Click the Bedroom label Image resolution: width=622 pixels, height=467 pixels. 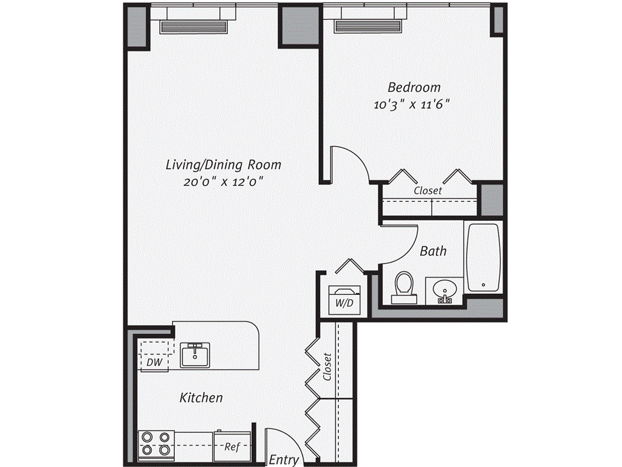pyautogui.click(x=414, y=88)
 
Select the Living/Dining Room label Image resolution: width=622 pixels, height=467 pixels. pyautogui.click(x=224, y=165)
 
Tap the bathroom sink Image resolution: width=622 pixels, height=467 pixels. pyautogui.click(x=445, y=291)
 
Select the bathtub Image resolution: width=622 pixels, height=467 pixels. pyautogui.click(x=484, y=257)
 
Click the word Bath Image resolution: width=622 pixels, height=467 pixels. pyautogui.click(x=433, y=251)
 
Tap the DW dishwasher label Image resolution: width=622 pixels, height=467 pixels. pyautogui.click(x=154, y=363)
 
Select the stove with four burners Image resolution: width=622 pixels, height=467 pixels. pyautogui.click(x=156, y=444)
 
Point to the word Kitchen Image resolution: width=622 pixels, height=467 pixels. pyautogui.click(x=201, y=398)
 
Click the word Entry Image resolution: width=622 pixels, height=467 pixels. pyautogui.click(x=284, y=460)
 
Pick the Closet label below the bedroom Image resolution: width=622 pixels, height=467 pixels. pyautogui.click(x=428, y=190)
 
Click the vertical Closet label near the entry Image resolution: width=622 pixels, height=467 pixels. pyautogui.click(x=327, y=367)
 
